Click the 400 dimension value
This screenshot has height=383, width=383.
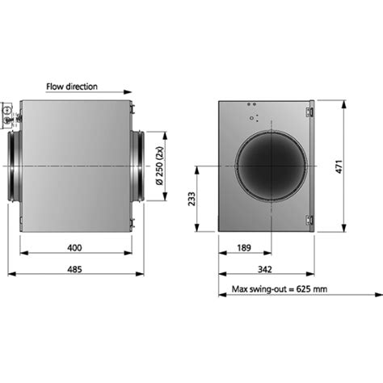coord(74,248)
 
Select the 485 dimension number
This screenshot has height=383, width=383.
coord(74,269)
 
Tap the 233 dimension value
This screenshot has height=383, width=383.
coord(191,199)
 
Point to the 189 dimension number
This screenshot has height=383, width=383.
coord(244,248)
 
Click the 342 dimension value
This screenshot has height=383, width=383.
coord(265,269)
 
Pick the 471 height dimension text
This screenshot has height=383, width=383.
coord(339,166)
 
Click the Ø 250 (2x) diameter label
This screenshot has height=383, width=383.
coord(160,166)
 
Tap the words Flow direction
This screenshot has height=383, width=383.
coord(72,86)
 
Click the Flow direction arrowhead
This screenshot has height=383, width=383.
coord(128,92)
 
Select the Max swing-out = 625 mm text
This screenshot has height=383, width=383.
coord(280,289)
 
